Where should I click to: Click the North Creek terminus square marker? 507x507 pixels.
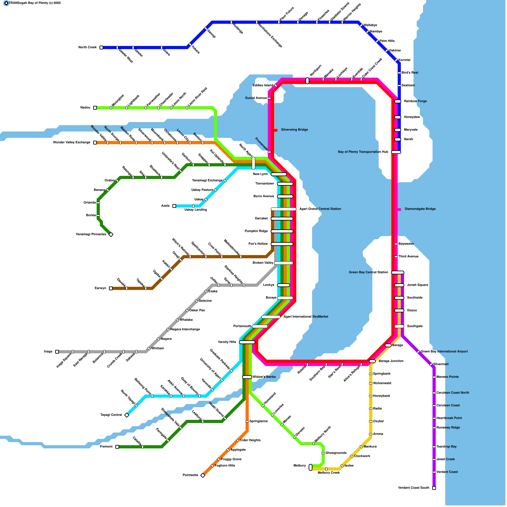tap(101, 48)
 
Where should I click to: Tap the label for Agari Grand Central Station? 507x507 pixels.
tap(320, 209)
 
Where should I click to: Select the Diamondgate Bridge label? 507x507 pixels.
tap(420, 209)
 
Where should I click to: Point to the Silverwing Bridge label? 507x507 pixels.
tap(294, 130)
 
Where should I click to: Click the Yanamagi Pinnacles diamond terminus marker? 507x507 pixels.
tap(111, 234)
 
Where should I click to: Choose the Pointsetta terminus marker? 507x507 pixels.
tap(203, 475)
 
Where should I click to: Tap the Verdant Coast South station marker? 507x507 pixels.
tap(434, 488)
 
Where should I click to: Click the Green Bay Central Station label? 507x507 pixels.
tap(368, 272)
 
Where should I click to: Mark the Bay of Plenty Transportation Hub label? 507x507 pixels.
tap(363, 152)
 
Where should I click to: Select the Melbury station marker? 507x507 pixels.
tap(311, 467)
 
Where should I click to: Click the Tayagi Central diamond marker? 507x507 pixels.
tap(127, 415)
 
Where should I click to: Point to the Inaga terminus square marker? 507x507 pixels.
tap(57, 352)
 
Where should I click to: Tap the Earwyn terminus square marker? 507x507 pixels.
tap(111, 288)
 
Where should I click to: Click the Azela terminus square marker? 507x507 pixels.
tap(174, 206)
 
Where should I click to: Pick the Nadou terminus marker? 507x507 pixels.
tap(95, 108)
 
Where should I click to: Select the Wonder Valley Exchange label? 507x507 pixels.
tap(72, 142)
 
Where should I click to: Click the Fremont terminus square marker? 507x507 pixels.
tap(117, 447)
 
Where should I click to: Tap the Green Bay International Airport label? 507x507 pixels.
tap(444, 351)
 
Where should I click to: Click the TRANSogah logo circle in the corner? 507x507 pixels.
tap(6, 3)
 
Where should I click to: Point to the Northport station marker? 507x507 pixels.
tap(307, 81)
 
